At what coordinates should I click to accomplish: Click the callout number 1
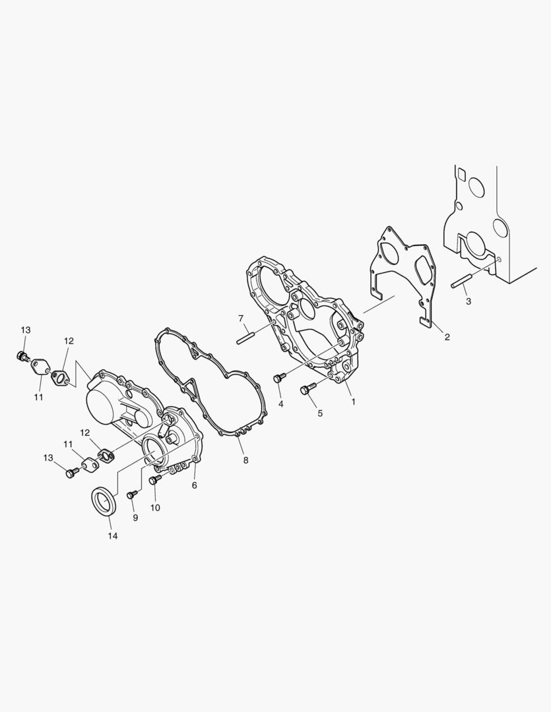pyautogui.click(x=353, y=402)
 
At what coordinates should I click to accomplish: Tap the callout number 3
pyautogui.click(x=469, y=301)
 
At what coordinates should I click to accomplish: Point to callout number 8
pyautogui.click(x=245, y=460)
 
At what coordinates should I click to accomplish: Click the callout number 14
pyautogui.click(x=113, y=536)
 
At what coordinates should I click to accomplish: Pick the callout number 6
pyautogui.click(x=194, y=485)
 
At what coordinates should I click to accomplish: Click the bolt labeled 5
pyautogui.click(x=308, y=389)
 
